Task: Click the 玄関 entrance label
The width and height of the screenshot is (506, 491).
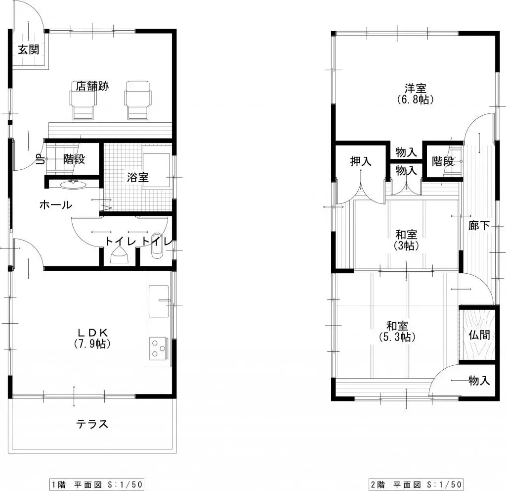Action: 29,49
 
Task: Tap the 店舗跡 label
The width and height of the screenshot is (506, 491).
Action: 92,86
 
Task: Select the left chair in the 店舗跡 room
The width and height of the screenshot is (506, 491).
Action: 83,100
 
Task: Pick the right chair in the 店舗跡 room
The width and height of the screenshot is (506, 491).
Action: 137,100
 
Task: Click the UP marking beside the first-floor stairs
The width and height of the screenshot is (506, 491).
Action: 39,159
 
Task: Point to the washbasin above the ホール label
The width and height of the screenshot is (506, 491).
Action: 73,185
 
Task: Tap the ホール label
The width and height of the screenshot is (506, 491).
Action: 56,205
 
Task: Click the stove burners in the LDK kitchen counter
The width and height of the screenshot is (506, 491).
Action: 159,347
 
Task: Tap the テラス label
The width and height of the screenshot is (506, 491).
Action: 92,424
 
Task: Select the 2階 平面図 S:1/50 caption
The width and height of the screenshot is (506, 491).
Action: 416,484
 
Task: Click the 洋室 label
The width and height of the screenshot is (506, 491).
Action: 416,89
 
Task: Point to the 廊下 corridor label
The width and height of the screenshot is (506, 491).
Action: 479,226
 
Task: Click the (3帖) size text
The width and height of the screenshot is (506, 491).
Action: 406,245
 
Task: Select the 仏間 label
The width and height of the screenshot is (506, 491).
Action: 478,335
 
